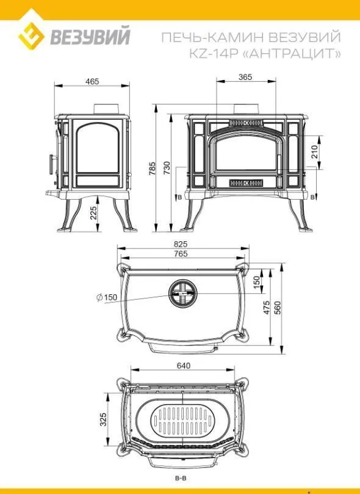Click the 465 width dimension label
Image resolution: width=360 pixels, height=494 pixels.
click(92, 81)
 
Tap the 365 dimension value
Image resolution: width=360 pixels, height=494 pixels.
click(245, 77)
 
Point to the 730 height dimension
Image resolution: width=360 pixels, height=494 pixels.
click(167, 168)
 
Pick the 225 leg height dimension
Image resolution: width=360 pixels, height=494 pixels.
click(94, 213)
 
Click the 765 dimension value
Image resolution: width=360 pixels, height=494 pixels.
click(181, 253)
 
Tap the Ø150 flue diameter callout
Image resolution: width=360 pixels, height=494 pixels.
click(107, 297)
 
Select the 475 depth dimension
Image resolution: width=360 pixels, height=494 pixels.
click(267, 308)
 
